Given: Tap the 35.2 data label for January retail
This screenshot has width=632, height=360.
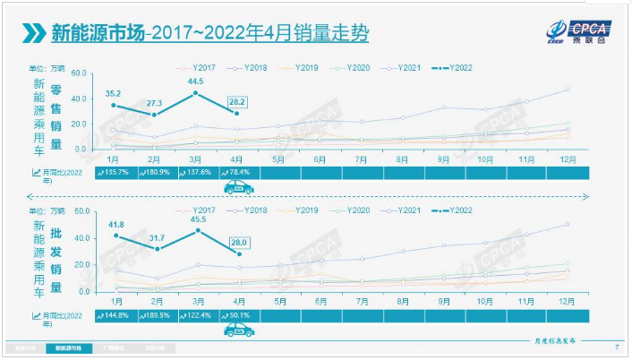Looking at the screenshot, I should click(113, 92).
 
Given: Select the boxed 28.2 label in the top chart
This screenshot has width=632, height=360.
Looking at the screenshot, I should click(237, 102).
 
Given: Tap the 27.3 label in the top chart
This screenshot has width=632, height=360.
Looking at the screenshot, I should click(156, 104).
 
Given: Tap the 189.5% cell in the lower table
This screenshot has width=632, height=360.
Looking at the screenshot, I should click(158, 315).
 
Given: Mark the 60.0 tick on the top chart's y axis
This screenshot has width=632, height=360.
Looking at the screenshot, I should click(77, 73).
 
